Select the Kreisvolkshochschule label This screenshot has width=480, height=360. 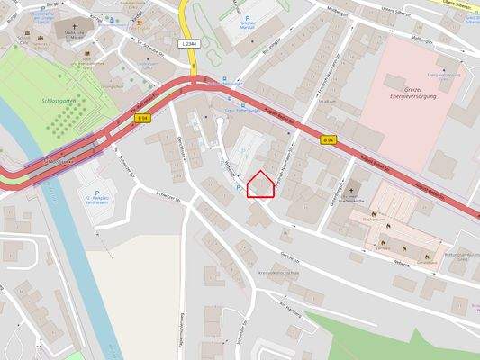(x=278, y=271)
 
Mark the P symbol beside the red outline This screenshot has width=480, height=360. (x=237, y=188)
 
